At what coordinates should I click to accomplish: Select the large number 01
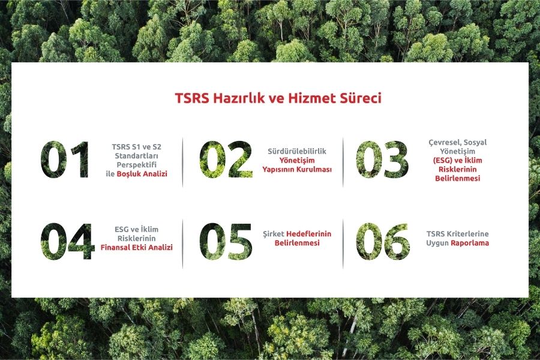click(65, 160)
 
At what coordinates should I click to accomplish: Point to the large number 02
click(226, 160)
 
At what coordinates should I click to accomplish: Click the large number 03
click(382, 160)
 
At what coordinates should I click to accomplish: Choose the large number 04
click(67, 241)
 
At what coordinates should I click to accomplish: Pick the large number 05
click(226, 241)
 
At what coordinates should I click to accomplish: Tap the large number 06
click(383, 241)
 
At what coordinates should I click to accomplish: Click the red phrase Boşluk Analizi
click(142, 174)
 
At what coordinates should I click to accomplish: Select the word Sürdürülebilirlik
click(297, 151)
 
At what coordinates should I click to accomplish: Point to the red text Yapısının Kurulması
click(297, 169)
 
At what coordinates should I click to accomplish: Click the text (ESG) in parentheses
click(443, 161)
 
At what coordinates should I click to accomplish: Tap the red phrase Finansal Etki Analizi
click(136, 247)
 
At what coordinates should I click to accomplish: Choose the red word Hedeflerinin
click(308, 234)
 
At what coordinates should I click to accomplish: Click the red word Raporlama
click(470, 243)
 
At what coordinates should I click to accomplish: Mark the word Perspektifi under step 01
click(136, 165)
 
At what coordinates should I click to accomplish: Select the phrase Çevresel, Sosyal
click(457, 142)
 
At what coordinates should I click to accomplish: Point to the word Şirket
click(274, 234)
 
